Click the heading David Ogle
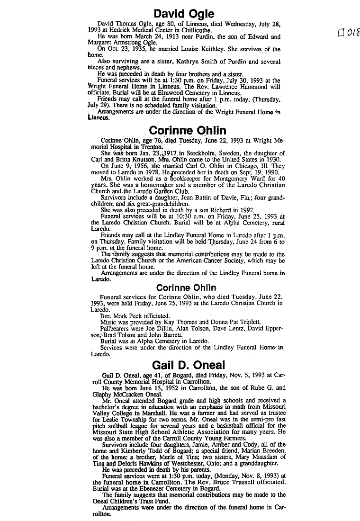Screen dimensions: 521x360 [x=184, y=14]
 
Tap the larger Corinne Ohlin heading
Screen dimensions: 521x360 [x=188, y=130]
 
